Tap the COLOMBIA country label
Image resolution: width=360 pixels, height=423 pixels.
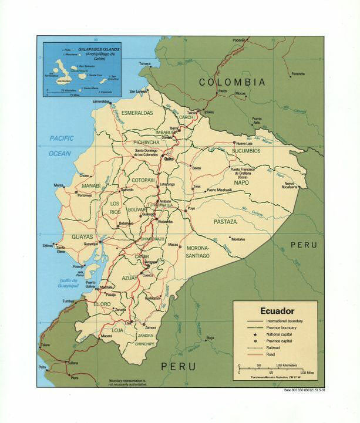(231, 82)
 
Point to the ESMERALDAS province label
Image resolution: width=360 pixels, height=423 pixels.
(137, 113)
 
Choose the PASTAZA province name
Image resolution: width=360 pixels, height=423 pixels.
(225, 222)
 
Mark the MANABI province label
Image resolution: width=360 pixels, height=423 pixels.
(90, 185)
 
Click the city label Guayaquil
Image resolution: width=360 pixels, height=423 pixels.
(90, 243)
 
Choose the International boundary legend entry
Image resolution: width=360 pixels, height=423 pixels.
(284, 321)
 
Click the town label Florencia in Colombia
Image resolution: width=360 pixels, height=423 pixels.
(298, 74)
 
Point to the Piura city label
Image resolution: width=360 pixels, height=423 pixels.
(75, 378)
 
